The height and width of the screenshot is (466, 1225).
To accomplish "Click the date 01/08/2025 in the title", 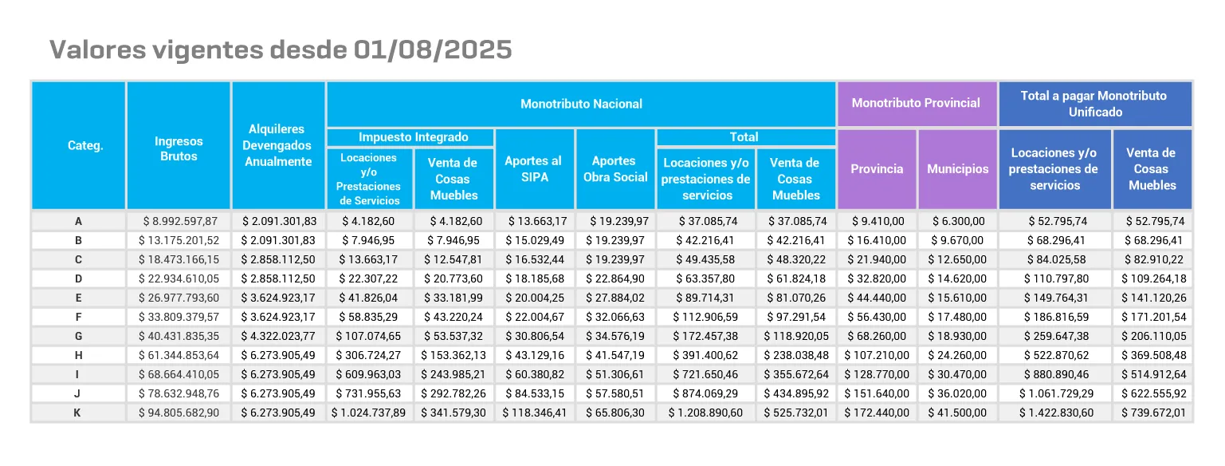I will click(431, 49).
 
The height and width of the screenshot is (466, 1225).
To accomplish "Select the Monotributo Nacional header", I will click(581, 104).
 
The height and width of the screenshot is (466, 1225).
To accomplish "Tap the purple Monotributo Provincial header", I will click(916, 103).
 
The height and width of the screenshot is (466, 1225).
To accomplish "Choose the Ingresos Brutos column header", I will click(179, 148).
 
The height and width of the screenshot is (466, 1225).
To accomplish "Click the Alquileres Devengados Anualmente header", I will click(278, 145).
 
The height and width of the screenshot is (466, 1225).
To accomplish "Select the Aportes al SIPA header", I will click(534, 169).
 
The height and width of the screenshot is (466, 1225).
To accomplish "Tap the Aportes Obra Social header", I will click(615, 169).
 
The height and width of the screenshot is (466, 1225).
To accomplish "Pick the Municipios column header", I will click(957, 169).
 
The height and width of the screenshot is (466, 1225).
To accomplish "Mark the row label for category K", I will click(77, 413).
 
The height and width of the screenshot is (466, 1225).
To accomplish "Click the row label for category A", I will click(77, 221).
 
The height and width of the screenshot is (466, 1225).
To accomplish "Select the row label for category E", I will click(77, 298).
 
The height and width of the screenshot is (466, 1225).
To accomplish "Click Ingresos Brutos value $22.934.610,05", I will click(179, 278).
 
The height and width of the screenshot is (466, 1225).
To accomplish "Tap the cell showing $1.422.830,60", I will click(1054, 413).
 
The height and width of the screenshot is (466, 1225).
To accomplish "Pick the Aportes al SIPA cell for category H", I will click(534, 355).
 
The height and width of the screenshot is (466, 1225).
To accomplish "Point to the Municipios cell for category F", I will click(957, 317).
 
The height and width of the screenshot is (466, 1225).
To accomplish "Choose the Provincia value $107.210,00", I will click(877, 355).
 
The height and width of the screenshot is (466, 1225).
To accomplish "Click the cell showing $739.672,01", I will click(1152, 413).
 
